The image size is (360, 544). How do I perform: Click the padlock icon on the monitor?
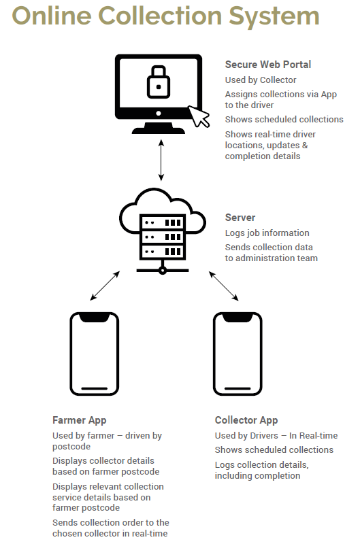[159, 82]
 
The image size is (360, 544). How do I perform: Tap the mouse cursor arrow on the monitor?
[199, 116]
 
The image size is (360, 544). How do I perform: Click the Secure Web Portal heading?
[267, 65]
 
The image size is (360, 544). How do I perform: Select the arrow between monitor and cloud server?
[161, 160]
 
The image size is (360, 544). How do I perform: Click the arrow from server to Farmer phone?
[105, 286]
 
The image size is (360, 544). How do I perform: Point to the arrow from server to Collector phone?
[224, 286]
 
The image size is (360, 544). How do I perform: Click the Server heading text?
[240, 218]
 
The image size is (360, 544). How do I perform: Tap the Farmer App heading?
[79, 420]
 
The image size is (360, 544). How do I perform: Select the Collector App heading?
[246, 420]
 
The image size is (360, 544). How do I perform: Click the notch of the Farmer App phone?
[95, 318]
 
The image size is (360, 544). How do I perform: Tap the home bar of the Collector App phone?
[238, 388]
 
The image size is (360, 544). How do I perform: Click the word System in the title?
[274, 16]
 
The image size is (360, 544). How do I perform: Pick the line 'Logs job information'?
[267, 233]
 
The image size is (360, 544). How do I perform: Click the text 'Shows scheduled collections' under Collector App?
[274, 449]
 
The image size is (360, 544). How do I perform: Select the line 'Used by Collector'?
[261, 80]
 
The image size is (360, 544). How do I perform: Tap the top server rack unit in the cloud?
[163, 222]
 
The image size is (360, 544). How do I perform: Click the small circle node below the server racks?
[162, 270]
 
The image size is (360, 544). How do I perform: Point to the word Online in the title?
[52, 16]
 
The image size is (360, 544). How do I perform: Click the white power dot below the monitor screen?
[159, 114]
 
